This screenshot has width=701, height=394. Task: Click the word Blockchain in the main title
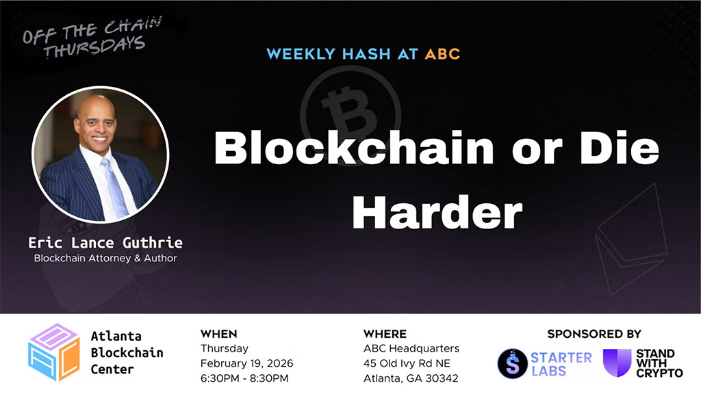354,148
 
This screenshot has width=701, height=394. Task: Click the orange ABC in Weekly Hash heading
442,54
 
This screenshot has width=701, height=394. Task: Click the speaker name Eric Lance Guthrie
105,243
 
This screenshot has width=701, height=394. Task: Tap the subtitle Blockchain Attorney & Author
105,259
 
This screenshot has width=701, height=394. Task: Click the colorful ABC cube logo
53,352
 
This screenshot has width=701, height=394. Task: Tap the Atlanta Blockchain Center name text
127,353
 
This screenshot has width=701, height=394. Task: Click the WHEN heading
218,334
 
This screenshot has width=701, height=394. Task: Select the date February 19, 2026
246,363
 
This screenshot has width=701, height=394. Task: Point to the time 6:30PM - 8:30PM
244,378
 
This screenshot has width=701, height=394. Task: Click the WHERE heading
385,334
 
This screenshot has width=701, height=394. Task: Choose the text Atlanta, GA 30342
411,378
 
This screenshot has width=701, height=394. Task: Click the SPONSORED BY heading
594,334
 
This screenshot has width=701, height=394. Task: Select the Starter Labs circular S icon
512,363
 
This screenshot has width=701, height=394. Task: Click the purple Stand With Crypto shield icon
617,363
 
